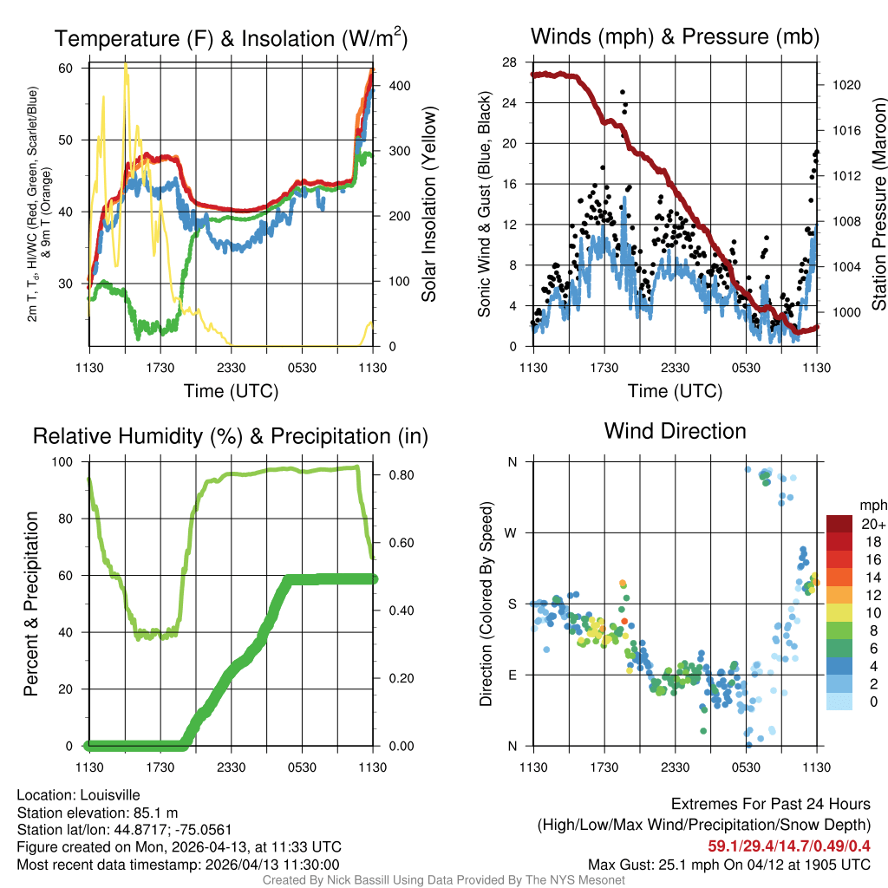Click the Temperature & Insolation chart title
pos(231,38)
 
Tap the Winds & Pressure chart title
pos(675,36)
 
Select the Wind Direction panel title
pos(675,431)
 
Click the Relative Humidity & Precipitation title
pos(231,436)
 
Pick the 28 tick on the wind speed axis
pos(509,62)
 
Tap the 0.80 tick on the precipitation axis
pos(399,475)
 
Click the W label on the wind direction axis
pos(512,532)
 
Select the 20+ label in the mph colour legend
pos(872,524)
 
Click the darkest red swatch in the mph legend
pos(839,524)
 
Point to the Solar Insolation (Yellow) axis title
pos(429,205)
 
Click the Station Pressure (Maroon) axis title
pos(878,205)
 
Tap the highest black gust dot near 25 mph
pos(622,92)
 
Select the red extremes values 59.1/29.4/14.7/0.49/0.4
pos(789,846)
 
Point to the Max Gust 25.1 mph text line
pos(729,864)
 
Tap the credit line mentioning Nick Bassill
pos(443,880)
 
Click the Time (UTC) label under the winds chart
pos(675,391)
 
